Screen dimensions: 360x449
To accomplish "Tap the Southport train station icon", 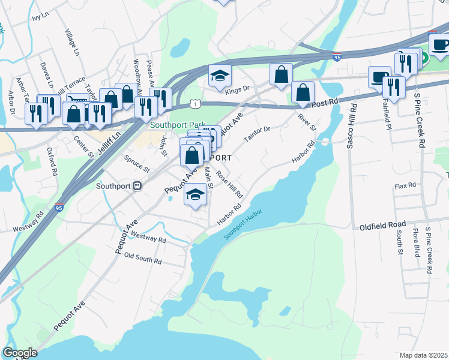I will (137, 186).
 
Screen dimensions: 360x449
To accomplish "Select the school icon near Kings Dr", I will (220, 76).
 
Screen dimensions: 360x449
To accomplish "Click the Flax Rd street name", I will (405, 186).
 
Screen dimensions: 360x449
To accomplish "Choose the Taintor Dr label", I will (258, 134).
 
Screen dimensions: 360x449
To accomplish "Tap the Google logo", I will (20, 353).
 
